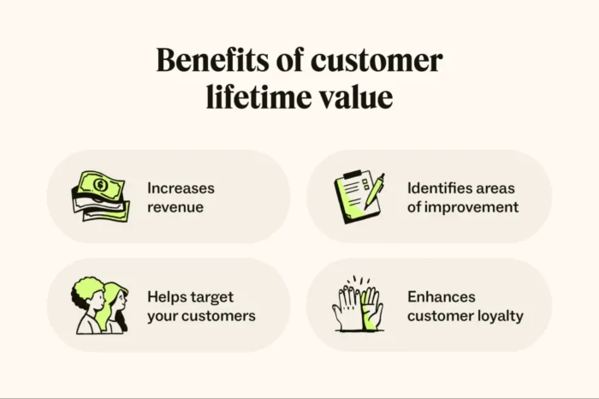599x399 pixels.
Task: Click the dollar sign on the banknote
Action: tap(101, 184)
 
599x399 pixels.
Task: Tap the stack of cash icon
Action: tap(100, 196)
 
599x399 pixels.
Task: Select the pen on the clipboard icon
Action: tap(373, 191)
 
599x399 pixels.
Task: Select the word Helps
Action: tap(166, 297)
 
